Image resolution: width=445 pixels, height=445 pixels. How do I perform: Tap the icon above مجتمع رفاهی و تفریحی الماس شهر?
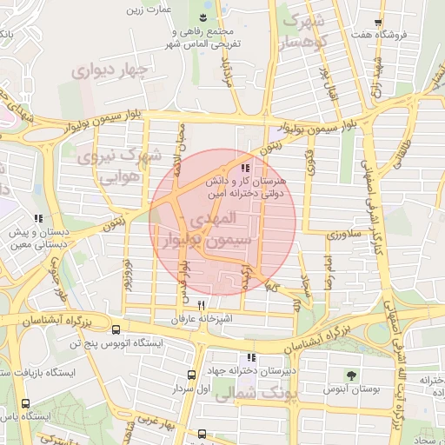tap(203, 17)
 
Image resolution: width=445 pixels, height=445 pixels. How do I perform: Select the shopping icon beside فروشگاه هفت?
tap(377, 23)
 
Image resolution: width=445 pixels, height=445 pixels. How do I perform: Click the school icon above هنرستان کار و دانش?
tap(246, 168)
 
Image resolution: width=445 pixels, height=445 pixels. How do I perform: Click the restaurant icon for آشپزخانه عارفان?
tap(202, 305)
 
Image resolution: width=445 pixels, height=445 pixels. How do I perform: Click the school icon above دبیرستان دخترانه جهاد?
tap(252, 357)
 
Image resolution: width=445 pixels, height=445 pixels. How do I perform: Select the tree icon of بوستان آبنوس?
tap(352, 375)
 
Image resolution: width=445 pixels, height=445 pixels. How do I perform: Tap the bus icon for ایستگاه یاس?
tap(25, 404)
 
